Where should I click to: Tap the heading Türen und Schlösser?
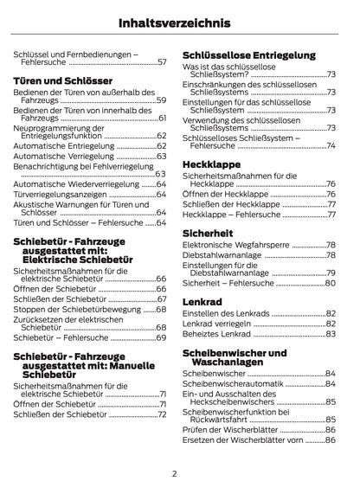coord(58,80)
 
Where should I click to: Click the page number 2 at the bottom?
coord(174,473)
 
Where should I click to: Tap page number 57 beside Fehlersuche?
coord(162,63)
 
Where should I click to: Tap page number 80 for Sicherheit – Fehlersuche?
coord(330,284)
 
